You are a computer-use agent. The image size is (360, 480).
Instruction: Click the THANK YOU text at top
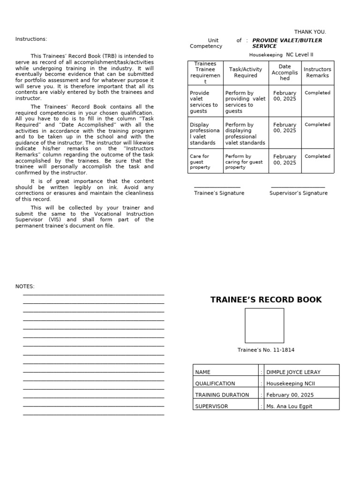pos(310,32)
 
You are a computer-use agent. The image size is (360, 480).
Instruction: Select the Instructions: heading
pos(31,39)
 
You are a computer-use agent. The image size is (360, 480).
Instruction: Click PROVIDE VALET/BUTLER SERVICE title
pos(287,44)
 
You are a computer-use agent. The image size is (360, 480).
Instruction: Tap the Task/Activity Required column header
pos(246,73)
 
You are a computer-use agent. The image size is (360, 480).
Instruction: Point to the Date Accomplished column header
pos(285,73)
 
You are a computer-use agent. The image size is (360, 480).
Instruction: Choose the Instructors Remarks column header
pos(317,73)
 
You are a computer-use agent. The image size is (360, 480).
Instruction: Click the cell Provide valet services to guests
pos(204,102)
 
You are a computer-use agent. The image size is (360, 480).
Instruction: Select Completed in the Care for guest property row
pos(317,157)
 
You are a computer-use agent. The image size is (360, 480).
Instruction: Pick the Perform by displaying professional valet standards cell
pos(245,134)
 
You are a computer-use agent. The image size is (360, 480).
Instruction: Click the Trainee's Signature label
pos(219,193)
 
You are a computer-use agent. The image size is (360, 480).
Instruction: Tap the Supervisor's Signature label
pos(298,193)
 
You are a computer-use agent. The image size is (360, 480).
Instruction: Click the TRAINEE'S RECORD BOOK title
pos(266,300)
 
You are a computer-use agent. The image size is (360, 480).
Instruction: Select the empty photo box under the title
pos(264,325)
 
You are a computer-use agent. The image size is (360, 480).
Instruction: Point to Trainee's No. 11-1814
pos(266,350)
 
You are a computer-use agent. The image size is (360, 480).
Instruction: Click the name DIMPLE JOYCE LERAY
pos(293,372)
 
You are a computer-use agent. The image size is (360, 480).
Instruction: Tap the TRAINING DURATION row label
pos(222,395)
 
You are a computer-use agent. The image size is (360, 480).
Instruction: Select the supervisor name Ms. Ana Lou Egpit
pos(289,406)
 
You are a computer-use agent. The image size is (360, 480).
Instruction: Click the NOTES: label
pos(25,286)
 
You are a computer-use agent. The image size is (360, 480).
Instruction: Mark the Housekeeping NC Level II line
pos(281,55)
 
